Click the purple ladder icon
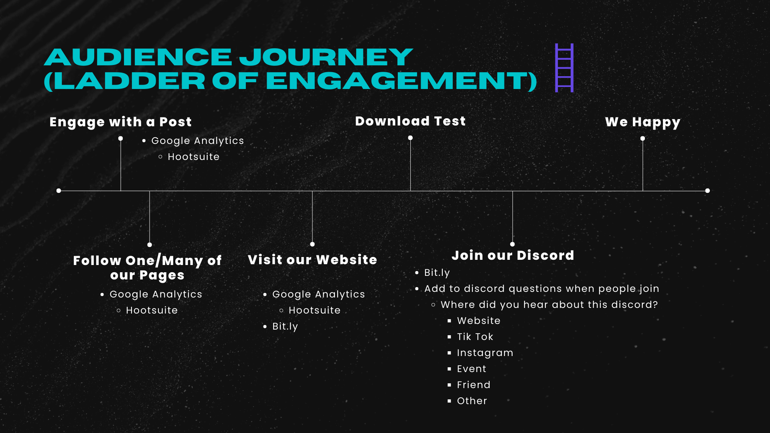(564, 68)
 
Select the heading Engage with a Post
(120, 122)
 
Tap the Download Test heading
(410, 121)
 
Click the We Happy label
(642, 122)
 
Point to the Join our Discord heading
(513, 255)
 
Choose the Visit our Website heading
(312, 260)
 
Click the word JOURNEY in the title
(326, 57)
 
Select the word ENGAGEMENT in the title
(398, 81)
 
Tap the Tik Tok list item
(475, 337)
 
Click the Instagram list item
(485, 353)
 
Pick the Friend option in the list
(474, 385)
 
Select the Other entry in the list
(472, 401)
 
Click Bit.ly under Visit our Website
(285, 326)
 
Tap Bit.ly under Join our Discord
(437, 273)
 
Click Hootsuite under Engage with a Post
(193, 157)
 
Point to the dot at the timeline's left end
(59, 191)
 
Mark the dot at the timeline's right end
(707, 191)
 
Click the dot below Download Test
(410, 138)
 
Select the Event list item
(471, 369)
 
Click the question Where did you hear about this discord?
(549, 305)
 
